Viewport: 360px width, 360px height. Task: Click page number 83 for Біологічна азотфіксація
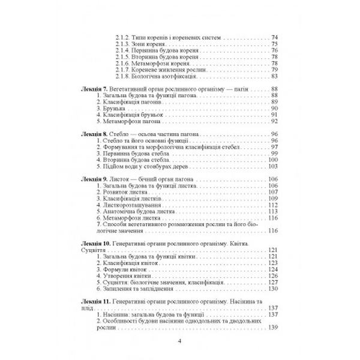pos(274,76)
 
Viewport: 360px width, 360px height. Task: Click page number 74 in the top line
pos(274,38)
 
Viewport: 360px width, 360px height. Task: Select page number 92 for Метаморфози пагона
pos(274,121)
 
